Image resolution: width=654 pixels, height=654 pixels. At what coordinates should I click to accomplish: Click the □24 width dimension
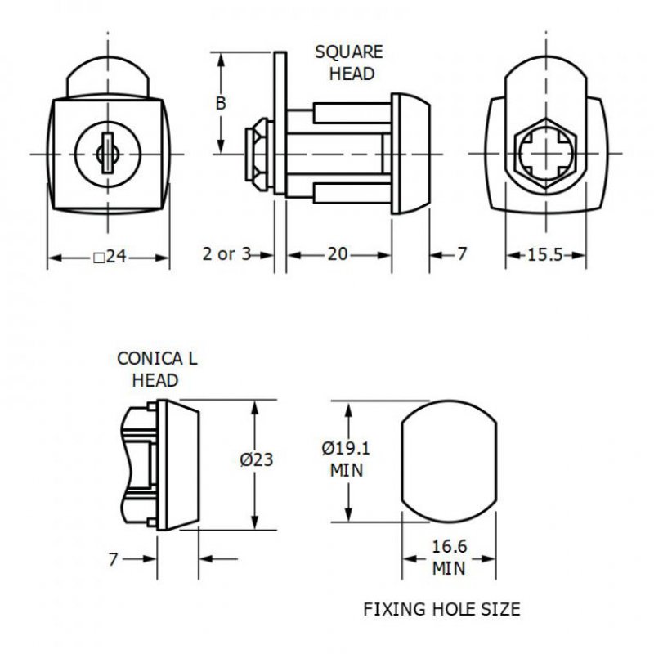pos(110,257)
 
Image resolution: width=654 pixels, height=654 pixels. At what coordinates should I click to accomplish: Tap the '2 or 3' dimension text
pos(226,254)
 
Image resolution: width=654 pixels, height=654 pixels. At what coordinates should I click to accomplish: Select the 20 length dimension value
pos(338,254)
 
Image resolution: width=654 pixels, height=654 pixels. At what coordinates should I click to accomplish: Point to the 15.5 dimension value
pos(545,254)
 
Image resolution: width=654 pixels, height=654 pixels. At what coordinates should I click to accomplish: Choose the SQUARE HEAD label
pos(349,63)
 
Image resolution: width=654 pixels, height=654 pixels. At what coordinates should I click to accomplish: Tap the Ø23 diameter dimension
pos(256,459)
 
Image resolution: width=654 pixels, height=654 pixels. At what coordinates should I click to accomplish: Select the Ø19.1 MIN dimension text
pos(347,459)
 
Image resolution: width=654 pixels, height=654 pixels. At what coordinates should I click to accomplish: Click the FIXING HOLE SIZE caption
pos(441,609)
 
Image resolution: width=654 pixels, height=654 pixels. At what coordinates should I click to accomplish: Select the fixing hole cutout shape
pos(449,460)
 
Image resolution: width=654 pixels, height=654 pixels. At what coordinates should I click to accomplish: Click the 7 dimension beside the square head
pos(461,254)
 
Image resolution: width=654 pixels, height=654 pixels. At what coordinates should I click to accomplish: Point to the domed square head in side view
pos(410,153)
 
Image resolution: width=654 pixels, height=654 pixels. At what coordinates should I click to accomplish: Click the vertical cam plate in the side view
pos(280,123)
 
